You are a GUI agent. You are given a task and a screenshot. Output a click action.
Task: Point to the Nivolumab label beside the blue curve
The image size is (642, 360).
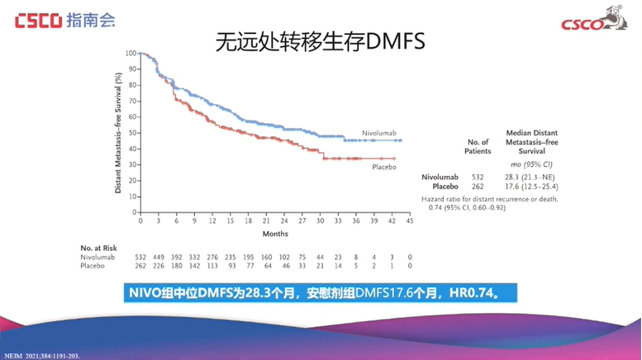pyautogui.click(x=379, y=132)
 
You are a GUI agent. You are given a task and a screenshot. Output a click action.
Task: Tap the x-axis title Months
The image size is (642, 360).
pyautogui.click(x=275, y=234)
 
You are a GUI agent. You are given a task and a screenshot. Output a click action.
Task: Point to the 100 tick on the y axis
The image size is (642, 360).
pyautogui.click(x=131, y=54)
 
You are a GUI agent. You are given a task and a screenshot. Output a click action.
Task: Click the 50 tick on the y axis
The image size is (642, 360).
pyautogui.click(x=132, y=132)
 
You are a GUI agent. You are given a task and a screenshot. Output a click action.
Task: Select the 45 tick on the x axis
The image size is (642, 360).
pyautogui.click(x=411, y=221)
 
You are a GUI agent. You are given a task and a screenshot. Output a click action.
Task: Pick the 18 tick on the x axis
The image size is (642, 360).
pyautogui.click(x=248, y=221)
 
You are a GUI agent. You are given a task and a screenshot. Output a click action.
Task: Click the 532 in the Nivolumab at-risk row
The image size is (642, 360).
pyautogui.click(x=140, y=257)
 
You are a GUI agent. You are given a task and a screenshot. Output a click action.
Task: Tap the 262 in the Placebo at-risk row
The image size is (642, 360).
pyautogui.click(x=140, y=266)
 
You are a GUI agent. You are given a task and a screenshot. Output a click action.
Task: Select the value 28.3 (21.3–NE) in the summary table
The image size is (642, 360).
pyautogui.click(x=531, y=177)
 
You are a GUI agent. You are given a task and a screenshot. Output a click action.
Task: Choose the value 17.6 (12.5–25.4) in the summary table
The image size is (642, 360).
pyautogui.click(x=531, y=187)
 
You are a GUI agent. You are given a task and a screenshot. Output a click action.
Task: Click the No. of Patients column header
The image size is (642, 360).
pyautogui.click(x=478, y=147)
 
